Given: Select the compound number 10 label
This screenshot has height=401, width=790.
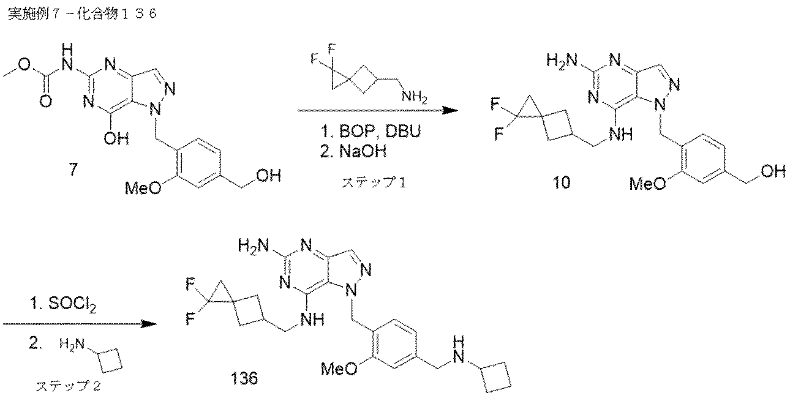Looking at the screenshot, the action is (561, 182).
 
